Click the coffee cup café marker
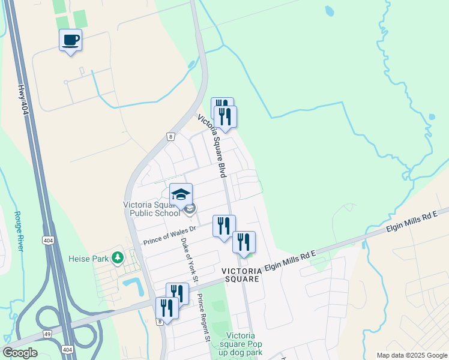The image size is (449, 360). (x=71, y=40)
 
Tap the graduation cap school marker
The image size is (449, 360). (x=181, y=194)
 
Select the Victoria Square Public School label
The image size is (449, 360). (x=151, y=209)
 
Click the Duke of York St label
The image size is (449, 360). (x=189, y=260)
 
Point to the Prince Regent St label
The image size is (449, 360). (x=204, y=321)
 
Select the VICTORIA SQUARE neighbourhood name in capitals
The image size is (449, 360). (x=241, y=275)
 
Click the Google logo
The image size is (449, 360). (x=20, y=353)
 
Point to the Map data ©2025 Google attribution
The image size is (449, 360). (x=412, y=355)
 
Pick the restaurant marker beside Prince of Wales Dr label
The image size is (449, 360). (x=224, y=226)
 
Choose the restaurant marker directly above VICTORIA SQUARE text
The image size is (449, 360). (x=244, y=242)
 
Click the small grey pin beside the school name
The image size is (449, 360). (x=190, y=209)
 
